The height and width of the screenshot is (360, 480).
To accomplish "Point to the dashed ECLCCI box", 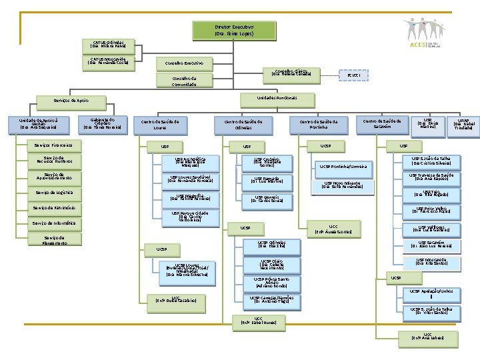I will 353,75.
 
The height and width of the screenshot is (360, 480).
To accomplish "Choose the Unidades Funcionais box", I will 277,98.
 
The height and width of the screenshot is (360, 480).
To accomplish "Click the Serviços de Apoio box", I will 71,101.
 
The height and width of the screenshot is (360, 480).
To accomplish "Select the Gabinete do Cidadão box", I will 103,124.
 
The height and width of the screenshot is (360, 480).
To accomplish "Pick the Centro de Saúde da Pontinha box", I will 319,125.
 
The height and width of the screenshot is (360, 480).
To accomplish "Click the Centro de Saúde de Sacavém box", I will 382,124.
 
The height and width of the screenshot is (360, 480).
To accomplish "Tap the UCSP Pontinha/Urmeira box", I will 343,167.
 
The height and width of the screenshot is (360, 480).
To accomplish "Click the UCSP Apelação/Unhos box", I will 431,291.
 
